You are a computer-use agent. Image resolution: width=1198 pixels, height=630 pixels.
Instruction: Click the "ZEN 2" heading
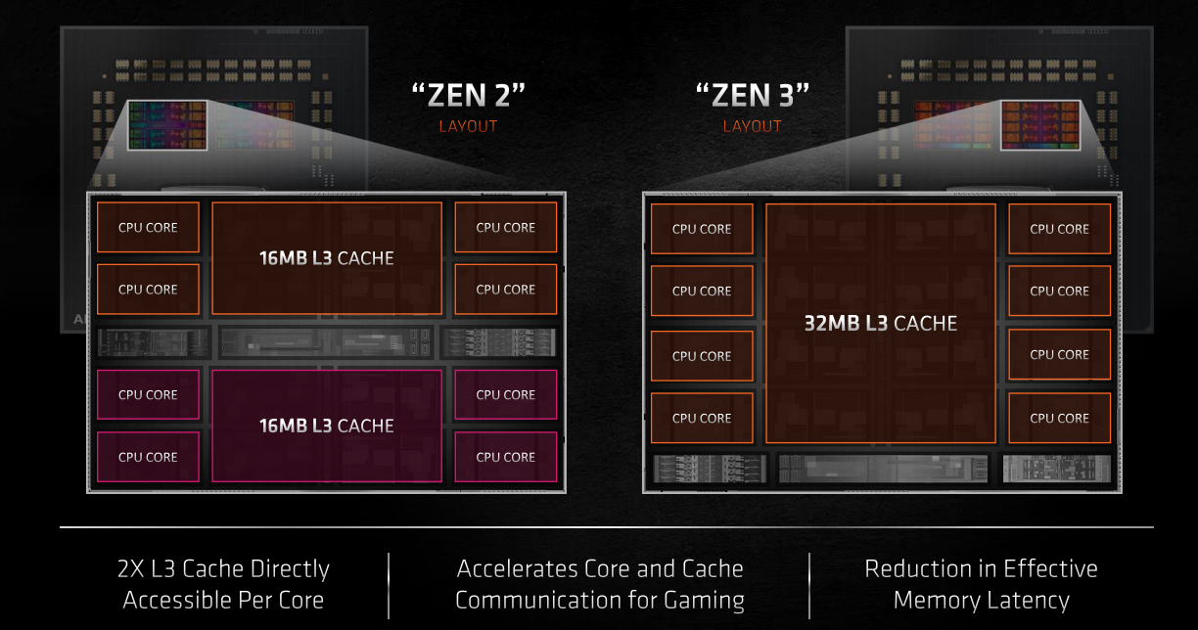(468, 96)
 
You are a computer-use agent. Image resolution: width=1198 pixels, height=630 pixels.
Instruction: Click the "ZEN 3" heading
(752, 96)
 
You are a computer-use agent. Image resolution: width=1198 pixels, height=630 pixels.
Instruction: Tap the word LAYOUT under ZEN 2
(468, 126)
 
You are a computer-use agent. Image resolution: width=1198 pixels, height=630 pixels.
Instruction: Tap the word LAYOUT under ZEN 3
(752, 126)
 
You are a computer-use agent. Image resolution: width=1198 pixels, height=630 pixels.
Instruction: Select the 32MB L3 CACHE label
(880, 323)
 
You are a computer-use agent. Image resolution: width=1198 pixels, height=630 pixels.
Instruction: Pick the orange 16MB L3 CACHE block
(326, 258)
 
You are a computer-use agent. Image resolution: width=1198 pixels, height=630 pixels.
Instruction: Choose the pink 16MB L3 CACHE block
(326, 426)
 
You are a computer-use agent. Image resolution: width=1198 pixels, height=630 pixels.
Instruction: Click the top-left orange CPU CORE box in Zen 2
(148, 227)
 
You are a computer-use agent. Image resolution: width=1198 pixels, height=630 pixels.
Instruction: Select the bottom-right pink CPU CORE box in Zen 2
(505, 457)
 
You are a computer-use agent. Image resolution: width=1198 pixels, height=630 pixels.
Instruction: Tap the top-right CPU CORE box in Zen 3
(1059, 229)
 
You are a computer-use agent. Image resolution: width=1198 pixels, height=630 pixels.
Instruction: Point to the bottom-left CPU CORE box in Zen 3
(702, 418)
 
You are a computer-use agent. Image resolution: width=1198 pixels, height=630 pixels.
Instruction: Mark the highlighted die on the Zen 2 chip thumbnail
(166, 124)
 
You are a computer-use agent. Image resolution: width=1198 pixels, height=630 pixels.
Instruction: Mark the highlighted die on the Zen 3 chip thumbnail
(1039, 124)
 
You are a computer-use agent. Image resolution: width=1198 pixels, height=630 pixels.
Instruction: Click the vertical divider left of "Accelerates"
(389, 585)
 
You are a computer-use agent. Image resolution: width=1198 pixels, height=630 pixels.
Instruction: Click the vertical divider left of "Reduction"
(809, 585)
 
